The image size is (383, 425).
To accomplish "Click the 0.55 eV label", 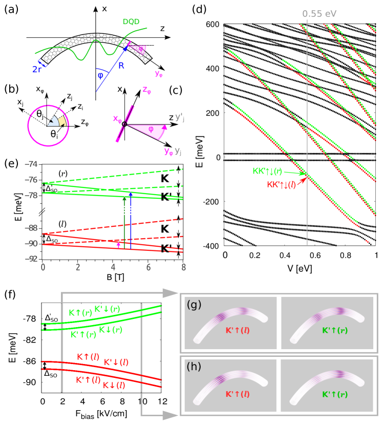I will coord(319,14).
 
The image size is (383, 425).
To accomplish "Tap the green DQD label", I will coord(132,22).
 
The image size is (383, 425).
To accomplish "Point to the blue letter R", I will coord(121,66).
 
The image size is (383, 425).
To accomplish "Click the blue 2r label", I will coord(37,69).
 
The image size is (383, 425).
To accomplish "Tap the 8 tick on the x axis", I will coord(183,267).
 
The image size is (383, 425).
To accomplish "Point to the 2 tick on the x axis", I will coord(78,267).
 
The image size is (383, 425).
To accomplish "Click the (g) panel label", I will coord(194,305).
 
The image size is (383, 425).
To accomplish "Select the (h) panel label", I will coord(194,367).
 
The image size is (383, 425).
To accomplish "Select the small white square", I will coord(105,120).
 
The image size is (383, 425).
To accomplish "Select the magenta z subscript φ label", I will coord(146,90).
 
